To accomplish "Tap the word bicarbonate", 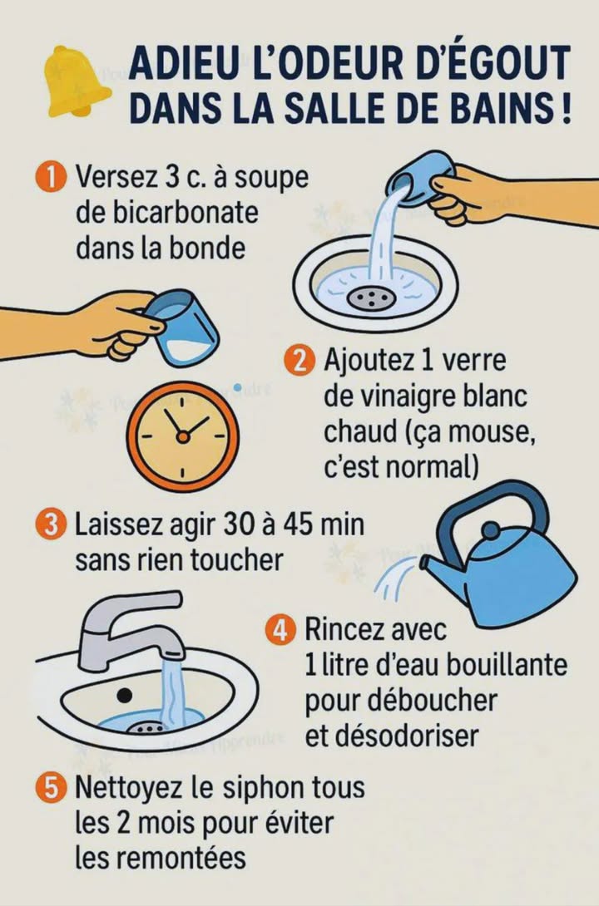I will (x=167, y=213).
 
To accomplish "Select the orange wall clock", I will (x=183, y=435).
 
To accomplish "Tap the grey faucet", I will (x=133, y=628).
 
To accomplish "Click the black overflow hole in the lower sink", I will (x=125, y=692).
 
